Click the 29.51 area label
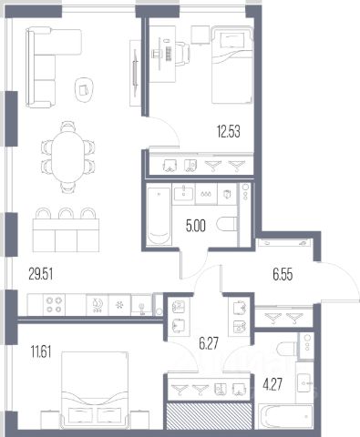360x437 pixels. [x=41, y=274]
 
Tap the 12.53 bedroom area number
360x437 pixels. [x=228, y=132]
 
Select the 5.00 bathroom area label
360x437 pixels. [x=196, y=226]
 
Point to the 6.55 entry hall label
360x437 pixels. [x=283, y=274]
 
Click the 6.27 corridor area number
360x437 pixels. [x=209, y=343]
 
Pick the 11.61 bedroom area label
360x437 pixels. [x=41, y=352]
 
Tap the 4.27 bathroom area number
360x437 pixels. [x=273, y=384]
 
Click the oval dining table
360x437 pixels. [x=68, y=158]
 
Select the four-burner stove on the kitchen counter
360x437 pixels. [x=54, y=305]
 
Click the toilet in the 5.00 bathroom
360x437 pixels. [x=227, y=224]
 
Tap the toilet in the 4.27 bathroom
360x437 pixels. [x=287, y=349]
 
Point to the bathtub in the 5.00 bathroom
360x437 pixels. [x=159, y=216]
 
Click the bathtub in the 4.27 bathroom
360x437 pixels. [x=285, y=416]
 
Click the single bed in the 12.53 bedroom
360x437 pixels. [x=232, y=66]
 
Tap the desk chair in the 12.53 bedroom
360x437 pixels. [x=182, y=54]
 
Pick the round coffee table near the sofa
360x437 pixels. [x=84, y=90]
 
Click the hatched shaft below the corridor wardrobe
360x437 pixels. [x=210, y=416]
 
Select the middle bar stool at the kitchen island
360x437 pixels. [x=67, y=213]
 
